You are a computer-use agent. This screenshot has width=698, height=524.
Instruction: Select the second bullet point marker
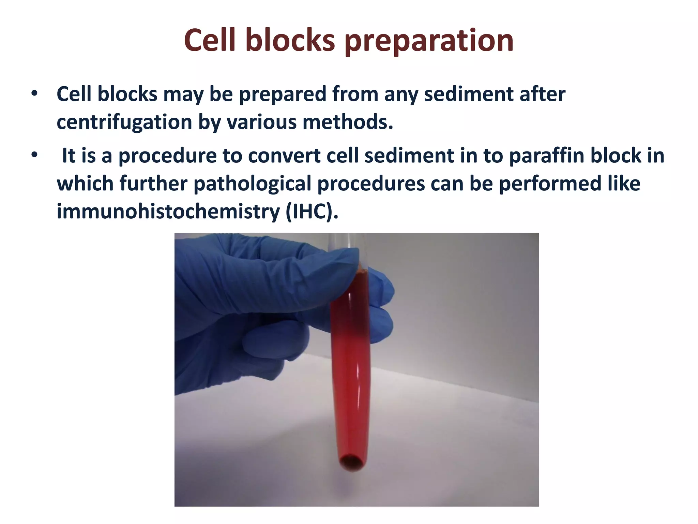coord(34,155)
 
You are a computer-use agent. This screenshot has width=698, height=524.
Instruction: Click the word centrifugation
coord(125,122)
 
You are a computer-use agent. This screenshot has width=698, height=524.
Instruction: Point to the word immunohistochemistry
coord(168,212)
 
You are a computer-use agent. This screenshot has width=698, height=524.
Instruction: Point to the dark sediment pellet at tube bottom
coord(352,462)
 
